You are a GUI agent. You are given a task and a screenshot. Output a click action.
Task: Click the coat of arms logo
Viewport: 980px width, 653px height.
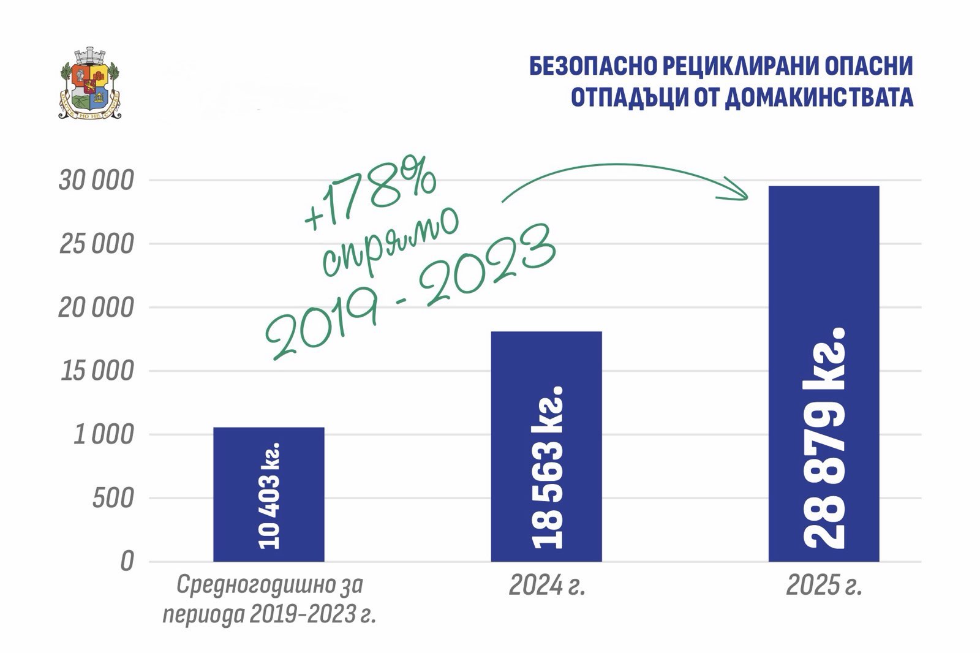tap(89, 83)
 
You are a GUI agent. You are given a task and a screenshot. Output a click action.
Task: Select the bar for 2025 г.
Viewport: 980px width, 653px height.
tap(824, 374)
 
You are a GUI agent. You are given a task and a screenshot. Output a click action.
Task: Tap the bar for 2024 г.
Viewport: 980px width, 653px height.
tap(546, 447)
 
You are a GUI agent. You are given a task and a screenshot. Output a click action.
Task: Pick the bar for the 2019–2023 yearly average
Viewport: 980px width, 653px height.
tap(269, 494)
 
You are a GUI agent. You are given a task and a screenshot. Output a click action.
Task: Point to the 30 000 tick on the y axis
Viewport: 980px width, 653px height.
tap(96, 180)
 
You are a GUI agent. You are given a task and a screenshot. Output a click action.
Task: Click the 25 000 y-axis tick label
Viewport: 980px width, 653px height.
tap(96, 244)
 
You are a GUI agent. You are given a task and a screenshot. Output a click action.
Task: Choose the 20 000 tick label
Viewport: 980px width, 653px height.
tap(96, 308)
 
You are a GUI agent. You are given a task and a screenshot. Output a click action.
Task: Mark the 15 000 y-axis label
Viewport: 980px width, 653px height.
tap(97, 371)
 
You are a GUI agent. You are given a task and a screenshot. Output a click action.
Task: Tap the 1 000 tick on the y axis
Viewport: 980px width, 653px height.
tap(104, 434)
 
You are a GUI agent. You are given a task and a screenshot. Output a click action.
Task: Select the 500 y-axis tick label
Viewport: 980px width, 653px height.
tap(113, 498)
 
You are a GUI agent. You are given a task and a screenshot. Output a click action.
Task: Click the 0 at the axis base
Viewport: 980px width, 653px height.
tap(127, 562)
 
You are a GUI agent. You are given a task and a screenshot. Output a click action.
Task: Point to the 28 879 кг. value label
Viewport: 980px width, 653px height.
tap(824, 437)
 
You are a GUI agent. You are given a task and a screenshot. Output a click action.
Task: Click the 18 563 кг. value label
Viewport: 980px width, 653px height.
tap(547, 467)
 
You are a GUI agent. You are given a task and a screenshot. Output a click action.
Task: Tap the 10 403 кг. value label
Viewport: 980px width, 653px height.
tap(269, 496)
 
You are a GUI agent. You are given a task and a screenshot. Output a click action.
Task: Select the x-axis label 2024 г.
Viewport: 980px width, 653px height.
tap(547, 585)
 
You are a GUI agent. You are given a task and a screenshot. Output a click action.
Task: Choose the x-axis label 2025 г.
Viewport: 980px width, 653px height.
tap(824, 585)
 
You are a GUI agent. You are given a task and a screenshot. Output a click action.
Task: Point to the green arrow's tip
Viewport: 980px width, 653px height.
tap(748, 198)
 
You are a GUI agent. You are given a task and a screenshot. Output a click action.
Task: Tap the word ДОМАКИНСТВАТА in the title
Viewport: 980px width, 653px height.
tap(819, 97)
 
